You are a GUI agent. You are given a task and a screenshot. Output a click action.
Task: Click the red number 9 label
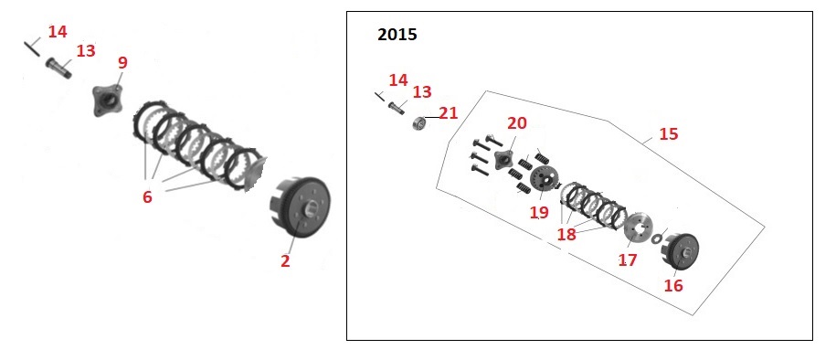tap(122, 63)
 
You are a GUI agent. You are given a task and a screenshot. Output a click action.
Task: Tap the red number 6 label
tap(147, 196)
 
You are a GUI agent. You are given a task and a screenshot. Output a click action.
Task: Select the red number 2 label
tap(285, 260)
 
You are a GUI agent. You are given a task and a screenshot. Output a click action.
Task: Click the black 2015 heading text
tap(397, 35)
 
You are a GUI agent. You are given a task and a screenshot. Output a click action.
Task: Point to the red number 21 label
tap(449, 113)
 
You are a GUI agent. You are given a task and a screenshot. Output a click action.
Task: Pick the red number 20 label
tap(516, 123)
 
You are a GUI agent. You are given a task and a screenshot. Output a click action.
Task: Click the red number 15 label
tap(669, 134)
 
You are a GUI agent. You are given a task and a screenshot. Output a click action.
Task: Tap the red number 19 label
tap(539, 212)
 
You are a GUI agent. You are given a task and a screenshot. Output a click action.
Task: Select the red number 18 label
tap(566, 234)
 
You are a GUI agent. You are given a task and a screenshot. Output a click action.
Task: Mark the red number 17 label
tap(628, 259)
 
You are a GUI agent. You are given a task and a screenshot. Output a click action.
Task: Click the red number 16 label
tap(673, 286)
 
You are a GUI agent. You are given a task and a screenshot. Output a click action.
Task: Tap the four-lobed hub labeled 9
tap(107, 101)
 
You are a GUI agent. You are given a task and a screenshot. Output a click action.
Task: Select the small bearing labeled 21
tap(420, 123)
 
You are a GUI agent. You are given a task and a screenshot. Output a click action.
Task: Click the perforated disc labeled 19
tap(545, 179)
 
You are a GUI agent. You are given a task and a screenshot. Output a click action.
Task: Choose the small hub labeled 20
tap(503, 160)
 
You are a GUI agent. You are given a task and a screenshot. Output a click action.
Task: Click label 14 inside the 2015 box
tap(397, 80)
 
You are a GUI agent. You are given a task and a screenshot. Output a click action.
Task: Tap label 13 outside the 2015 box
tap(85, 51)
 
